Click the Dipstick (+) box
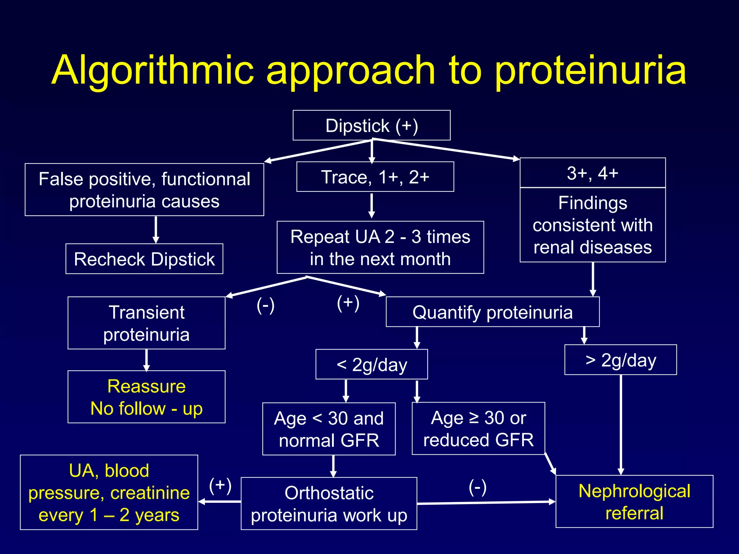pos(371,126)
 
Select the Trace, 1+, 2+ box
pos(375,177)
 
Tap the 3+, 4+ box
pos(592,173)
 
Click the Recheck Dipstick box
pos(144,259)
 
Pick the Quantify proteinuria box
pos(493,312)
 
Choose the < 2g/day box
pos(372,364)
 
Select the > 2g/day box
pos(621,360)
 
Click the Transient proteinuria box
pos(147,323)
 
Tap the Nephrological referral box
pos(634,502)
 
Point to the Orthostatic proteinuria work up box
pos(329,504)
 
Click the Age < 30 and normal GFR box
pos(329,429)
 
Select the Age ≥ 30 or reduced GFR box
pos(478,428)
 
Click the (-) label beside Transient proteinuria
pos(266,305)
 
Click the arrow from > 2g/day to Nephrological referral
pos(621,426)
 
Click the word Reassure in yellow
pos(147,386)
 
